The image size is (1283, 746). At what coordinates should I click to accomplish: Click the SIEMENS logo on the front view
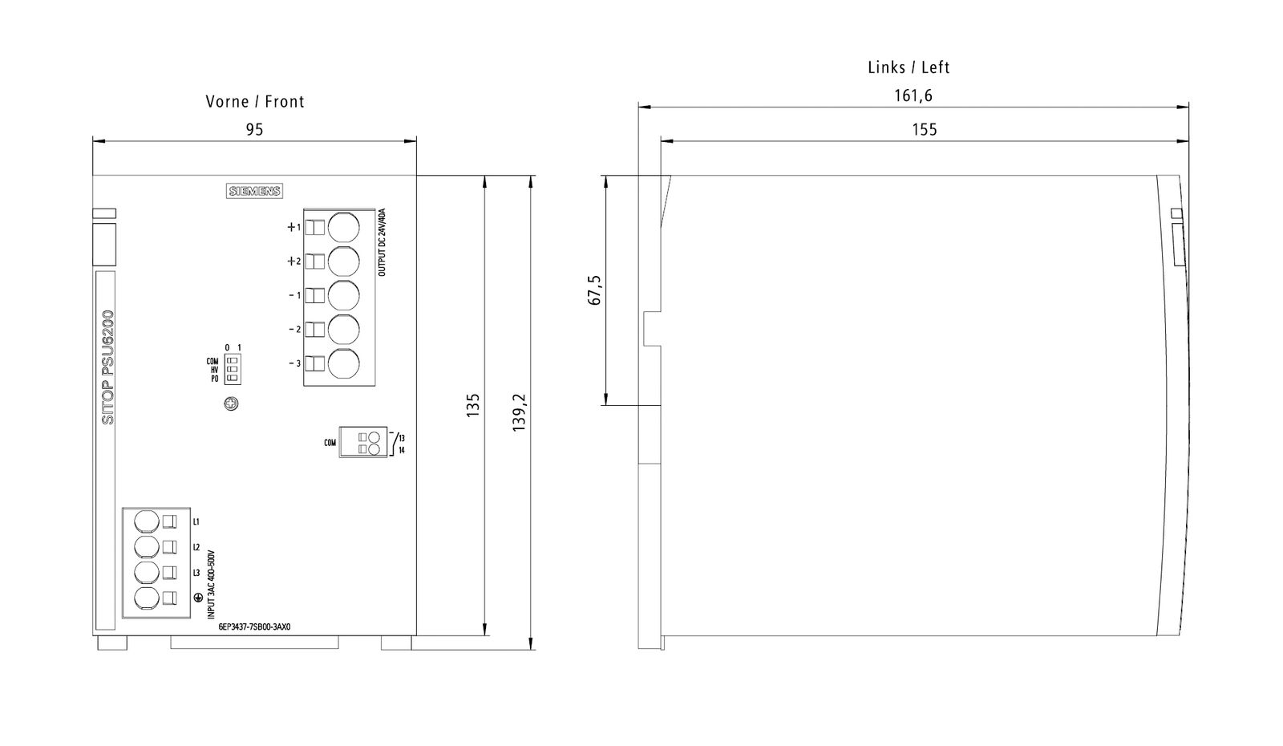tap(254, 192)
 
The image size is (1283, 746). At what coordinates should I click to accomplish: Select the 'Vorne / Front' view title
tap(255, 101)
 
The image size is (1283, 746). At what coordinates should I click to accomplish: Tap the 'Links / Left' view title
tap(909, 67)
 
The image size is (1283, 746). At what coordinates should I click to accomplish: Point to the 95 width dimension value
tap(254, 129)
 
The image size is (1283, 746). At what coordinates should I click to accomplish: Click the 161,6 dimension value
tap(913, 95)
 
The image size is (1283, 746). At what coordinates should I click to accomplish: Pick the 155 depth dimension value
tap(925, 129)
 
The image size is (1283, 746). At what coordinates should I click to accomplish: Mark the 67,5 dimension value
tap(595, 290)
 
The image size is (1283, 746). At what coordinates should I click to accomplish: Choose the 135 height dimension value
tap(473, 405)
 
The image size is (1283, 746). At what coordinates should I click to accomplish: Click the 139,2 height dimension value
tap(519, 412)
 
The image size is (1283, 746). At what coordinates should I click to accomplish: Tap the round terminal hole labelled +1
tap(344, 228)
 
